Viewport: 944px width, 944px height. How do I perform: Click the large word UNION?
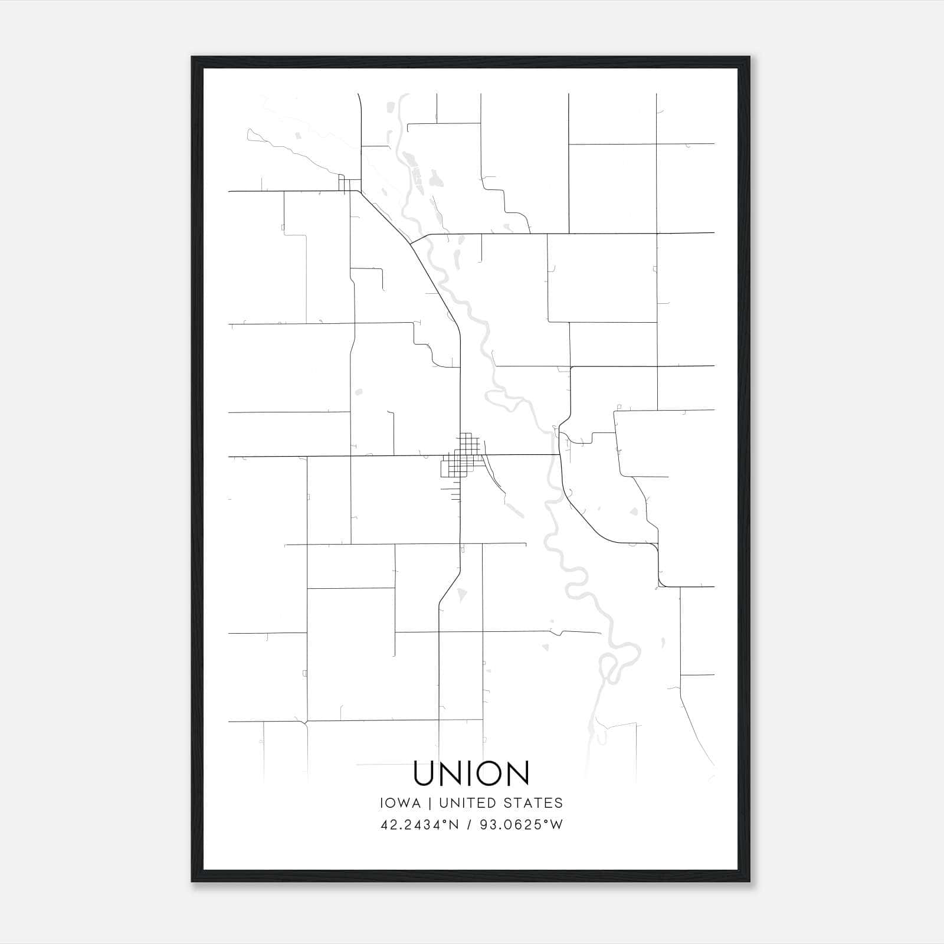[x=471, y=773]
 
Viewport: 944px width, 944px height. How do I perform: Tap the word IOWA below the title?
[x=400, y=803]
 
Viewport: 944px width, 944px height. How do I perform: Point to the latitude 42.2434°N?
[x=419, y=825]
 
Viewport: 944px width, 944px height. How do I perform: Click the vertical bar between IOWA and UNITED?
[x=430, y=803]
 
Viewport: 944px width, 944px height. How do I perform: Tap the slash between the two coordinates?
[x=470, y=825]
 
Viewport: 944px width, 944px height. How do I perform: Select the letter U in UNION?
[x=425, y=773]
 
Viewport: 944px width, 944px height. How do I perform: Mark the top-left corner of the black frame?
[x=192, y=57]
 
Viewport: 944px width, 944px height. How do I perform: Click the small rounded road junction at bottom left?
[x=306, y=721]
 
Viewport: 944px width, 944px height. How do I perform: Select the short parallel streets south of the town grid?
[x=455, y=493]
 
